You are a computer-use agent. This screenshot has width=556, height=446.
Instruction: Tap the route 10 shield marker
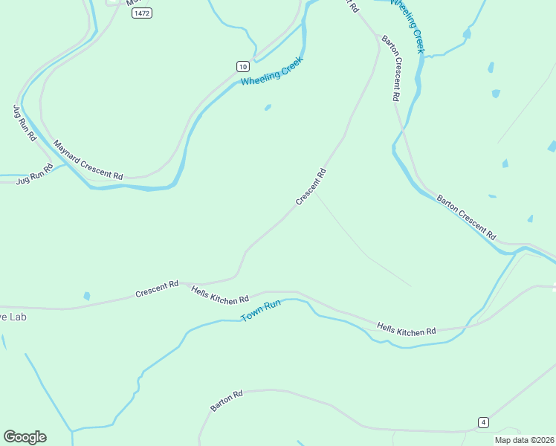242,66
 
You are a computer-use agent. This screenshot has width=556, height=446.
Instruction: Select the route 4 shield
483,422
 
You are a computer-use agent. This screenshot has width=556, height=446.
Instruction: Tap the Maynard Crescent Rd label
87,159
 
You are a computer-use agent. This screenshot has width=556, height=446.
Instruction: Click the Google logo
25,437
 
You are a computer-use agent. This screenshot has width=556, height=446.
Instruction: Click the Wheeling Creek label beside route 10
271,71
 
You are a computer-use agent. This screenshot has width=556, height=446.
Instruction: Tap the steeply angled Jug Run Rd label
25,123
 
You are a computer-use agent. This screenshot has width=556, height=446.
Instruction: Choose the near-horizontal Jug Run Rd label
35,174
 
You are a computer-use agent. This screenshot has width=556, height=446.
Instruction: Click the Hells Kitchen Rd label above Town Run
219,295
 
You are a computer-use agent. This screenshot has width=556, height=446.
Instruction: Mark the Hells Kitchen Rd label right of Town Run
406,330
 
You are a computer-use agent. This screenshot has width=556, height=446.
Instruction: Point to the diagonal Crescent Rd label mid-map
311,187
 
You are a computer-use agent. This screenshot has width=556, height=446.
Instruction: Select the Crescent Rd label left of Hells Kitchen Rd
157,289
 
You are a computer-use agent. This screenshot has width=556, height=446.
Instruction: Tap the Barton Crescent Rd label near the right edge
466,216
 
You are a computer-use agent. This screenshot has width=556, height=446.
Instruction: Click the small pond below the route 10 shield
268,107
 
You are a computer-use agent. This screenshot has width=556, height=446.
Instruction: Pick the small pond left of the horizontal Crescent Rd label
87,296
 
